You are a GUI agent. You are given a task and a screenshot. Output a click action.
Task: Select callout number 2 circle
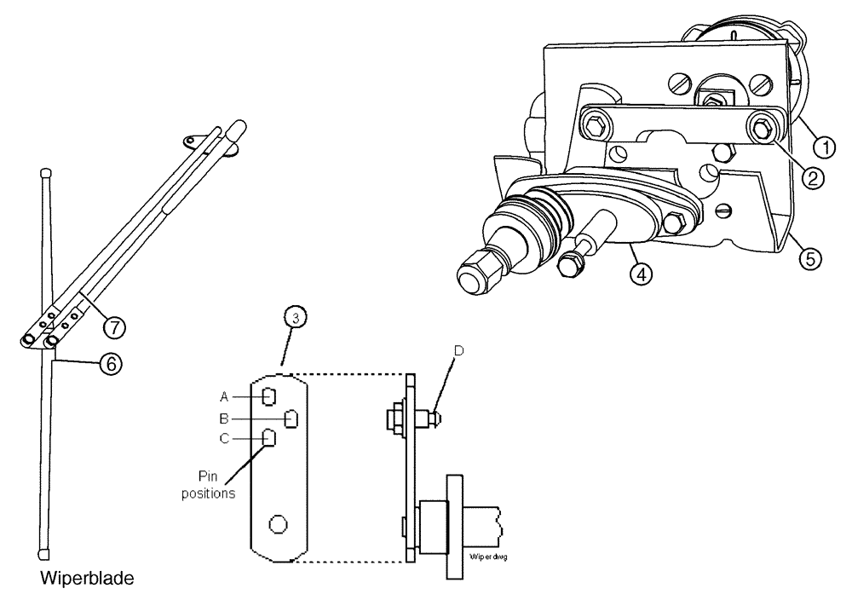(813, 178)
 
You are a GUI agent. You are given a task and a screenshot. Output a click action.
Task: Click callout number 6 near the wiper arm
(109, 362)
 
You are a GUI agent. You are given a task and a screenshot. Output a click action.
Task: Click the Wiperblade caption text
(85, 579)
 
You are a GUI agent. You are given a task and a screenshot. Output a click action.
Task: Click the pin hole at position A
(269, 396)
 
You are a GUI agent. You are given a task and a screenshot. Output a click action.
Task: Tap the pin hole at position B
(291, 418)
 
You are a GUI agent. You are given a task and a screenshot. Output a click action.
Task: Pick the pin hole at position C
(269, 438)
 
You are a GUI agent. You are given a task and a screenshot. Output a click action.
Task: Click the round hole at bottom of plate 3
(277, 522)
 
